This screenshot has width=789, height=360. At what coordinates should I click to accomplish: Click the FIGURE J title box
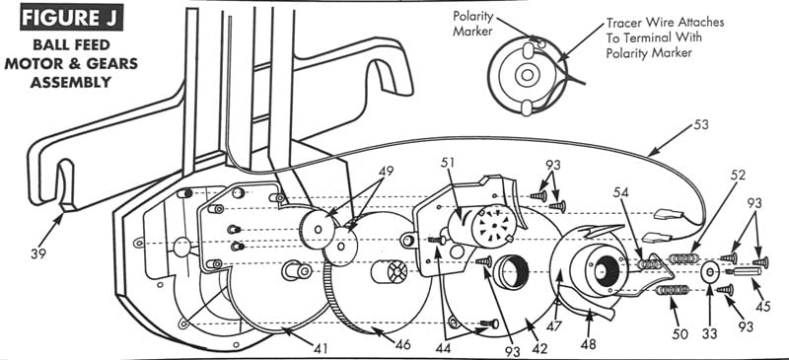coord(72,17)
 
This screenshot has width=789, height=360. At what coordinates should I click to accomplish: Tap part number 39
coord(37,253)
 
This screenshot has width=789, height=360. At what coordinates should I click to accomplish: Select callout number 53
coord(699,124)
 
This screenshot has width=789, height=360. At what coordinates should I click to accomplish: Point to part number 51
coord(449,163)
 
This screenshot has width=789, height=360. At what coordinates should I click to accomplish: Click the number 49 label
coord(385,171)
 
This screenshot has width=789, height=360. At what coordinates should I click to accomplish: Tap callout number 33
coord(709,332)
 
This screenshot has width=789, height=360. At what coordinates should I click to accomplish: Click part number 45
coord(762,306)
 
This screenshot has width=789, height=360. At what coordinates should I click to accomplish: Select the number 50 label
coord(679,332)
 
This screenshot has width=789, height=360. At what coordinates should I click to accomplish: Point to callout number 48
coord(588,344)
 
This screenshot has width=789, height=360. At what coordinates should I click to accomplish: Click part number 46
coord(402,344)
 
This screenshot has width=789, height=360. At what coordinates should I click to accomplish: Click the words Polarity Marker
coord(472,23)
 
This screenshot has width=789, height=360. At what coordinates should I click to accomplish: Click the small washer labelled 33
coord(709,272)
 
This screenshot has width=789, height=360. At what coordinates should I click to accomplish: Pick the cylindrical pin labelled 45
coord(744,272)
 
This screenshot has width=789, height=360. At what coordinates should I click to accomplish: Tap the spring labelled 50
coord(674,290)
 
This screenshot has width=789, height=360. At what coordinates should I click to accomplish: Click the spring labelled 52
coord(682,258)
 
